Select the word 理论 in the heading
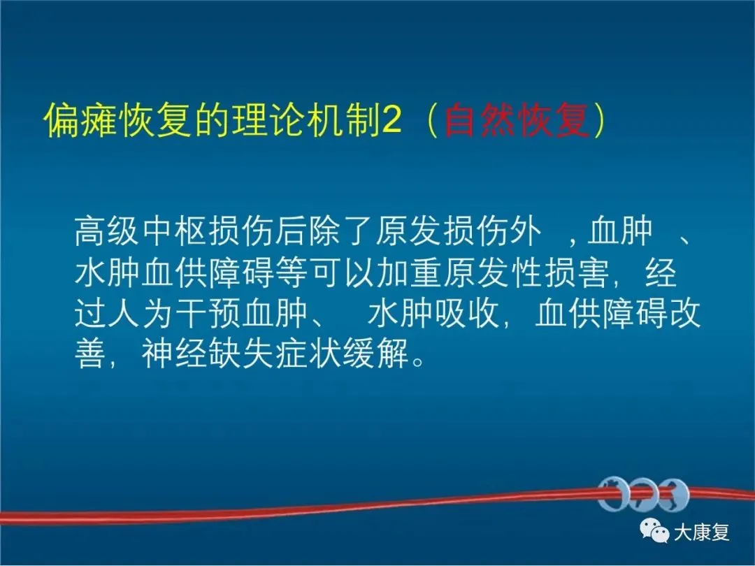[268, 120]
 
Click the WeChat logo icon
[654, 531]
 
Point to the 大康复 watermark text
[702, 532]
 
